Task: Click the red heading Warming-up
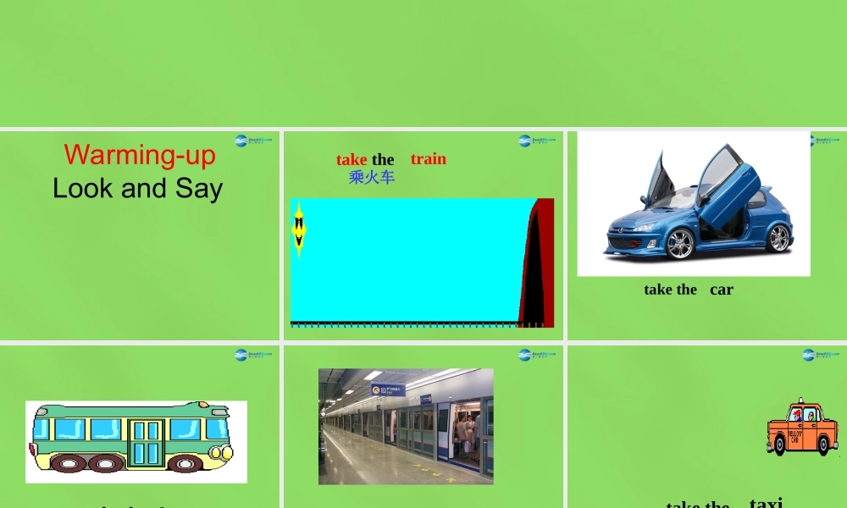140,155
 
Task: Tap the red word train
429,159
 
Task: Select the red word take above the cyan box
352,159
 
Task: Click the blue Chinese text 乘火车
372,177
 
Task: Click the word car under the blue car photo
722,290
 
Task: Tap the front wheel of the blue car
679,244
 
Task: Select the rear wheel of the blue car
778,238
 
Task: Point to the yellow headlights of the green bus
226,453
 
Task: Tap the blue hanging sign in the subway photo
388,389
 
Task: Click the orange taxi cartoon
801,428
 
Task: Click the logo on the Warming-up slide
253,141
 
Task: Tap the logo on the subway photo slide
537,355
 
